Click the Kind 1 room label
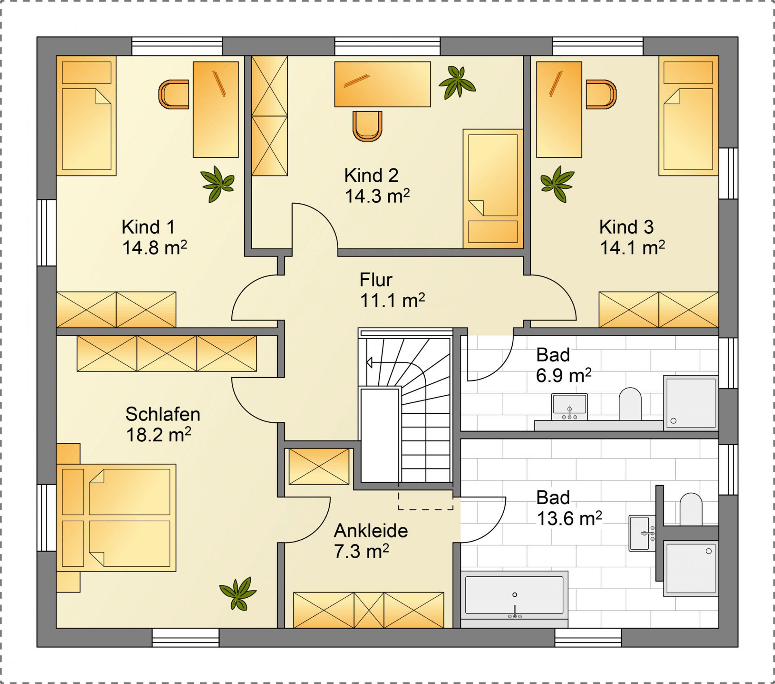pos(148,227)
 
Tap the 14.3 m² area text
pos(377,196)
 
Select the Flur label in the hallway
pos(376,280)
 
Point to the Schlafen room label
pos(163,414)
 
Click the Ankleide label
pos(371,531)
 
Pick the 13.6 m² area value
pos(569,519)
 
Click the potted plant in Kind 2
pos(457,83)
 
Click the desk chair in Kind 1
pos(174,94)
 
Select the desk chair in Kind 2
pos(367,126)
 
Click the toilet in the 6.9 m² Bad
pos(630,404)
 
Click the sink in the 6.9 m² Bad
pos(570,407)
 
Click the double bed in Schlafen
pos(116,517)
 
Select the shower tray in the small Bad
pos(691,403)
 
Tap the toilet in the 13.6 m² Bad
pos(691,509)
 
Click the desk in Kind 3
pos(559,109)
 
